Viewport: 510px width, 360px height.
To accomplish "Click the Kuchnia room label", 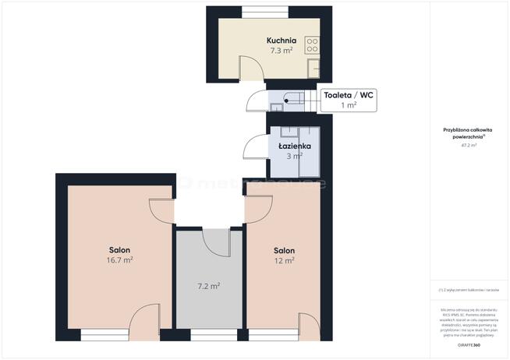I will tap(279, 40).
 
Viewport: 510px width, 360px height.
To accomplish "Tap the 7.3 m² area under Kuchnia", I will tap(279, 50).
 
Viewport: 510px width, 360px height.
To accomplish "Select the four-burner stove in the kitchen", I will tap(312, 44).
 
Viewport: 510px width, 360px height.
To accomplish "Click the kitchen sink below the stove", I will tap(313, 67).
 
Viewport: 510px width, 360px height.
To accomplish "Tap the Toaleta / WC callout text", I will tap(349, 95).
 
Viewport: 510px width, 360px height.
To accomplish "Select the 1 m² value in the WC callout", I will tap(349, 104).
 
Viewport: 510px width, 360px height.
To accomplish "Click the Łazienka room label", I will tap(296, 146).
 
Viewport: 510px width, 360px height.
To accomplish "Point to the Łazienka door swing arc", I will tap(254, 147).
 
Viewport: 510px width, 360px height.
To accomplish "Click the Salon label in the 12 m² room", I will tap(284, 250).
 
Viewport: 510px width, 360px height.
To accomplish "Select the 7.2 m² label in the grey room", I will tap(209, 286).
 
